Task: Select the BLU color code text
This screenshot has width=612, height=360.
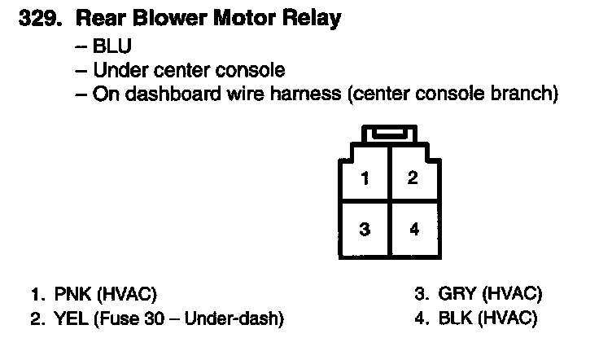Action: coord(111,46)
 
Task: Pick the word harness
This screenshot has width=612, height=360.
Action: coord(305,94)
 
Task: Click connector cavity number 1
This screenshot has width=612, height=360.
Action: coord(365,178)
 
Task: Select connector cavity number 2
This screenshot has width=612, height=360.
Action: coord(413,178)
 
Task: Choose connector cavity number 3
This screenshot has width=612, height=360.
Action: coord(365,230)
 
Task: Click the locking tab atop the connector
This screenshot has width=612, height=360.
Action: coord(390,134)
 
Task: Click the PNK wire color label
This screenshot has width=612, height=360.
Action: coord(71,294)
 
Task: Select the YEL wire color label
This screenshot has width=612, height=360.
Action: coord(70,318)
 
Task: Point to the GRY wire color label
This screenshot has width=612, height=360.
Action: coord(457,294)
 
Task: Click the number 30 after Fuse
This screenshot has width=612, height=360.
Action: coord(158,318)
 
